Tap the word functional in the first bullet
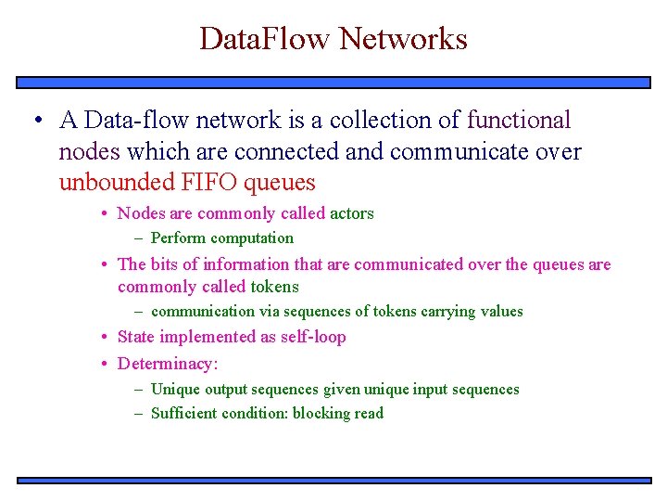[x=519, y=121]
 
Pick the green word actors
[x=352, y=213]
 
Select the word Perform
[x=179, y=238]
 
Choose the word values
[x=501, y=312]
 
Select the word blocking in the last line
[x=320, y=414]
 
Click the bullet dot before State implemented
[x=107, y=337]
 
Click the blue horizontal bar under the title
[x=333, y=82]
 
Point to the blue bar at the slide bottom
[x=333, y=480]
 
